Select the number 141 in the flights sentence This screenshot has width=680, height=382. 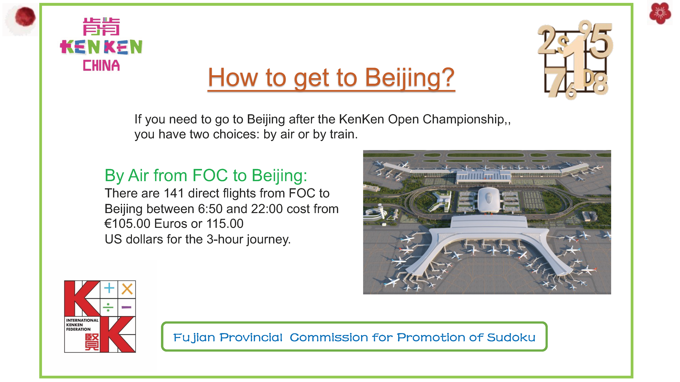[174, 193]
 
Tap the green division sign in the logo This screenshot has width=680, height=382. [108, 307]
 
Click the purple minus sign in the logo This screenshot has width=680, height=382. [126, 307]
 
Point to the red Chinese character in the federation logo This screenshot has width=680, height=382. [92, 342]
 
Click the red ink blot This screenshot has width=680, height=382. [25, 17]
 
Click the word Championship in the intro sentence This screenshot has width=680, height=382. [463, 119]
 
